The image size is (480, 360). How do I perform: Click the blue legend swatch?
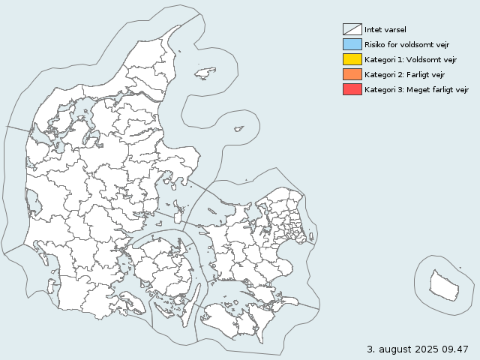[x=352, y=44]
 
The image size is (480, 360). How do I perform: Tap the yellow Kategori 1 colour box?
[x=352, y=59]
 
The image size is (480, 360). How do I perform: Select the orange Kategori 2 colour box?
[x=352, y=74]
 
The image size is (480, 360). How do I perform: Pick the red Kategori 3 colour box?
[x=352, y=89]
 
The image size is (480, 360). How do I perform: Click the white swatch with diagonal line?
[x=352, y=29]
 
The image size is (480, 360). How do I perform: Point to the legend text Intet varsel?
[x=385, y=30]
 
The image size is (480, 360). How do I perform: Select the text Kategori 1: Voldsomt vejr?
[x=410, y=60]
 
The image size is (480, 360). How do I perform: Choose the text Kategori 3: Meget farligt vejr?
[x=416, y=90]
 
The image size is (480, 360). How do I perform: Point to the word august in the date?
[x=393, y=349]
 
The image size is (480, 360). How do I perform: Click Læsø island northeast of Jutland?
[x=204, y=73]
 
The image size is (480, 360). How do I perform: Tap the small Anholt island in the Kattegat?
[x=238, y=129]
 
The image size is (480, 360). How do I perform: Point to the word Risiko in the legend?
[x=376, y=45]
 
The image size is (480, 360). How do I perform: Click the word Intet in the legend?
[x=373, y=30]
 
